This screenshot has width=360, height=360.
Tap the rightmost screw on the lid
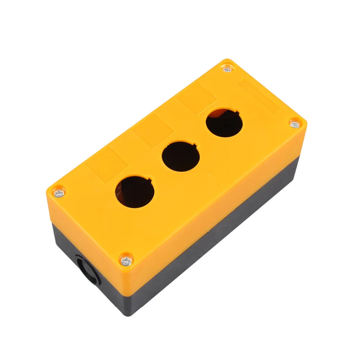point(294,125)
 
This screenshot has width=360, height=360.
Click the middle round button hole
point(181,157)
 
